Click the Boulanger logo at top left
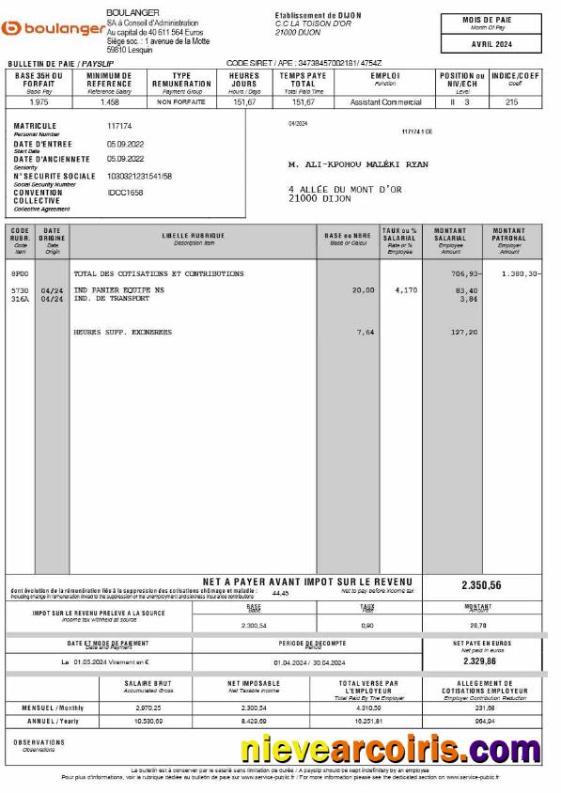pyautogui.click(x=54, y=29)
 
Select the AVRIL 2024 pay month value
pyautogui.click(x=491, y=44)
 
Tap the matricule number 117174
pyautogui.click(x=119, y=125)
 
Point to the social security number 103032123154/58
pyautogui.click(x=139, y=176)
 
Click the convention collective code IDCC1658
pyautogui.click(x=125, y=193)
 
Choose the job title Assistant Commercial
pyautogui.click(x=385, y=101)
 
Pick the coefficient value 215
pyautogui.click(x=512, y=101)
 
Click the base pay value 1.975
pyautogui.click(x=39, y=101)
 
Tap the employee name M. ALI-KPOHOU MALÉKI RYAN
pyautogui.click(x=358, y=164)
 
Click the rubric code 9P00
pyautogui.click(x=19, y=273)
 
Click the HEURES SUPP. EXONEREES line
pyautogui.click(x=123, y=332)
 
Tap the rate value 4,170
pyautogui.click(x=406, y=290)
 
